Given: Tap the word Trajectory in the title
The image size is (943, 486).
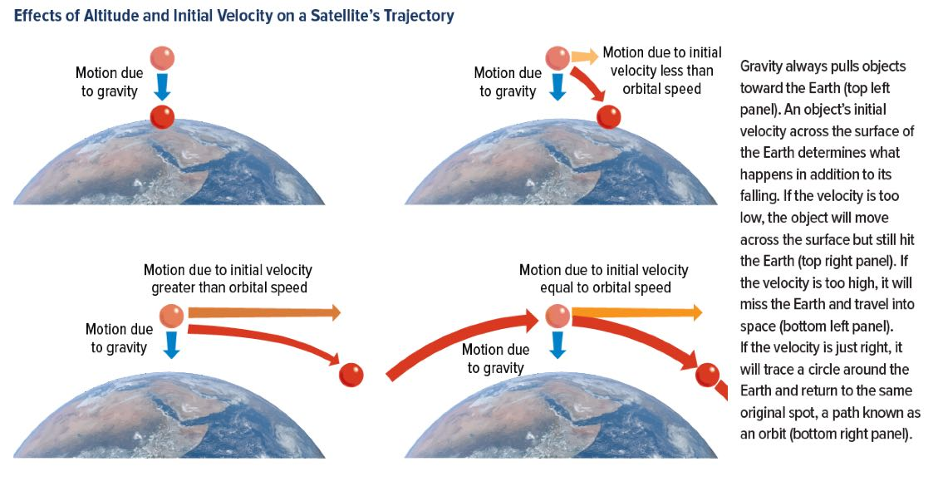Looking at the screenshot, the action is (x=420, y=16).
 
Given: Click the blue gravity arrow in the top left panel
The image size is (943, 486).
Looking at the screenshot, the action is (x=162, y=87).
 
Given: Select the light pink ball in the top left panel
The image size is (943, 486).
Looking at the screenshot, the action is (x=162, y=59).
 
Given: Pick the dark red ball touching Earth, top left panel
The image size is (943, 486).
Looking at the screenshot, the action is (x=162, y=116).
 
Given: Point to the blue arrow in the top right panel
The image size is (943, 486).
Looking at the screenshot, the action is (x=558, y=87).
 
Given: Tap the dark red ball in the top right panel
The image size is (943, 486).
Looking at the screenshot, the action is (x=609, y=116).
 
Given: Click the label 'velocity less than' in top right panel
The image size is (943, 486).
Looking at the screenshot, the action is (x=661, y=71).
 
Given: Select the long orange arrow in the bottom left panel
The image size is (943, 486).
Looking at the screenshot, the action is (x=264, y=312).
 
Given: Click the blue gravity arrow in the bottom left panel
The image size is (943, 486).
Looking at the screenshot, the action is (x=171, y=345).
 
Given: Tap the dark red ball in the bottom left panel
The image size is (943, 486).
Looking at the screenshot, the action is (x=351, y=376).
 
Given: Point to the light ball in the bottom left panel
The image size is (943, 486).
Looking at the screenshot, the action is (x=171, y=316).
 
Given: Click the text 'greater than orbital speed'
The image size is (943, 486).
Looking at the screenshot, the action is (x=229, y=287).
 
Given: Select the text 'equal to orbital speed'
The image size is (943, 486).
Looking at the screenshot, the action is (x=605, y=287).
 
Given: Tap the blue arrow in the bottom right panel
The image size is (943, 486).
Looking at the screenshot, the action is (x=558, y=345).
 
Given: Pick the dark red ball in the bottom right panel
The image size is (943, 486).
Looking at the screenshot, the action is (x=707, y=376).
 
